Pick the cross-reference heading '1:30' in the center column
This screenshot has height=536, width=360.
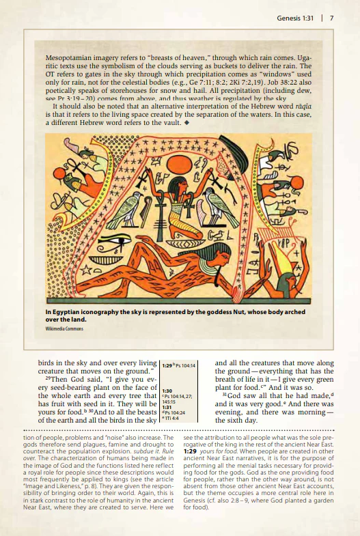[166, 390]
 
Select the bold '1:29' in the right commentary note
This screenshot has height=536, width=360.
[191, 453]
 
